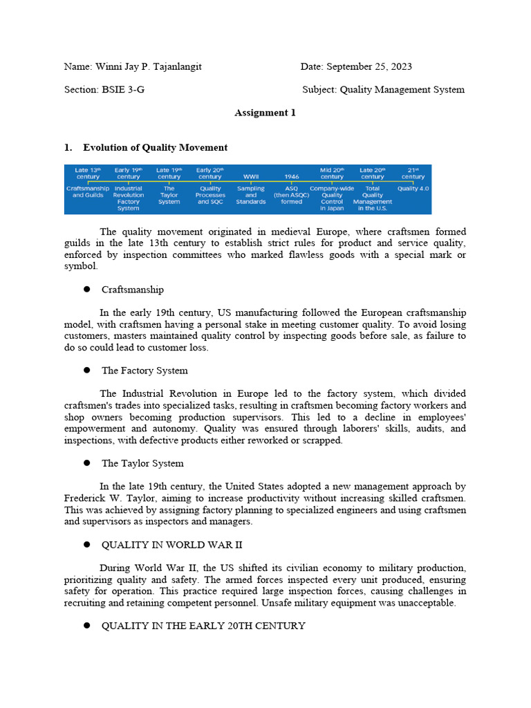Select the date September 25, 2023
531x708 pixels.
(x=369, y=66)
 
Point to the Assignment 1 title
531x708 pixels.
(x=265, y=113)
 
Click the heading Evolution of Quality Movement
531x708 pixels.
(x=155, y=147)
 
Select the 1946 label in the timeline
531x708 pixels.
(x=291, y=177)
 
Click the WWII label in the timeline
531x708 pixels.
(x=250, y=177)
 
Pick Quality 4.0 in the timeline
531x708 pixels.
(x=413, y=188)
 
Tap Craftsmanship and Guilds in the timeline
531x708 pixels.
(x=88, y=192)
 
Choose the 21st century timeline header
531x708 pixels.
(x=413, y=173)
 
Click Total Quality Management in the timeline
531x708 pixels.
(x=373, y=198)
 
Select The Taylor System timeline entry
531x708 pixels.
(x=169, y=195)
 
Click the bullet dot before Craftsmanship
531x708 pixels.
(x=87, y=289)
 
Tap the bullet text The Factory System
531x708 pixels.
(x=145, y=371)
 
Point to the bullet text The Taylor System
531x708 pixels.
(x=142, y=463)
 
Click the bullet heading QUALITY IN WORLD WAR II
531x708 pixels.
(x=171, y=545)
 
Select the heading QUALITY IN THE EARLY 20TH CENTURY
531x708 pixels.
(x=203, y=626)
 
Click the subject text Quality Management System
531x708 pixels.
(x=402, y=90)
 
